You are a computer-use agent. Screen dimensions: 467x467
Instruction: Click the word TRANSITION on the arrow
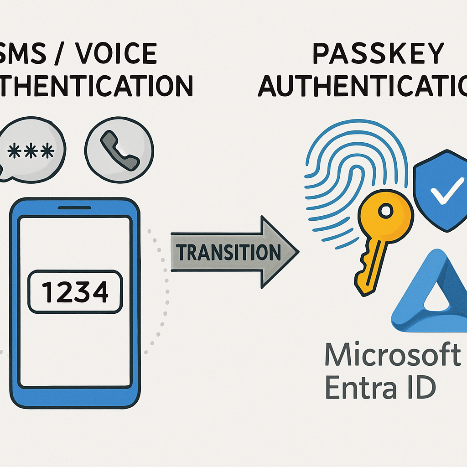tap(228, 252)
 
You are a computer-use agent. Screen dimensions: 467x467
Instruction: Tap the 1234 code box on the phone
tap(75, 291)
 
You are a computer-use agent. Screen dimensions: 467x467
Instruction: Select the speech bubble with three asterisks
tap(31, 150)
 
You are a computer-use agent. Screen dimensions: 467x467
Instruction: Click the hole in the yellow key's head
tap(386, 211)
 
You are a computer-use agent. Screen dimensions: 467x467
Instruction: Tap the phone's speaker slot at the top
tap(74, 208)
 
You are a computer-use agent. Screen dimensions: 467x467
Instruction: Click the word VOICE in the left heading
tap(116, 53)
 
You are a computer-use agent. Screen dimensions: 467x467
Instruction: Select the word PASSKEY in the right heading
tap(379, 53)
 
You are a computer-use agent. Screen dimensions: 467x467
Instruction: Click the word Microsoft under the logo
tap(393, 354)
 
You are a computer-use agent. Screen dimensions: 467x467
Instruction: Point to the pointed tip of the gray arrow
tap(298, 252)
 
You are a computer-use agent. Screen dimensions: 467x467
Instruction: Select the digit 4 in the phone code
tap(100, 292)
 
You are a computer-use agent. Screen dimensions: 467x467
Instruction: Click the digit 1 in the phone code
tap(47, 292)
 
